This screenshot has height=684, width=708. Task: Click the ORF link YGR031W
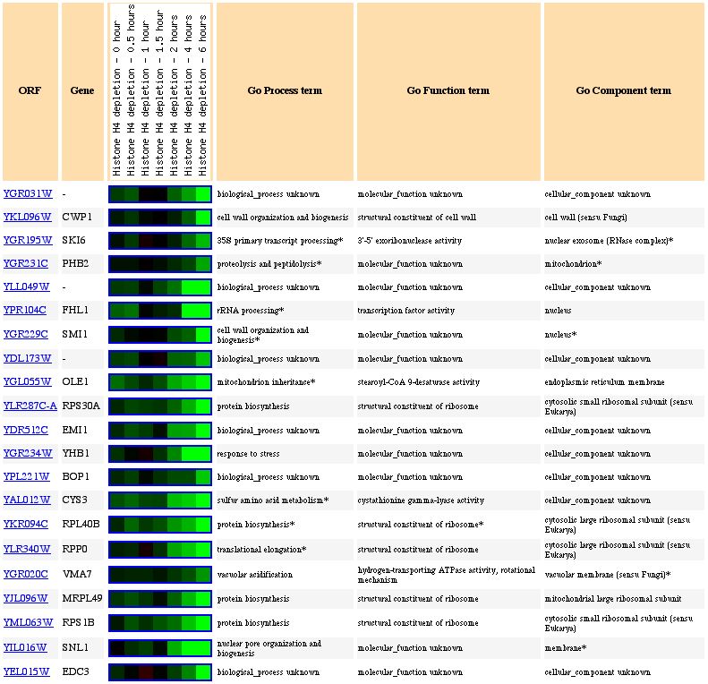pos(27,194)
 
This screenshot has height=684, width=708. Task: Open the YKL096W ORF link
pos(27,218)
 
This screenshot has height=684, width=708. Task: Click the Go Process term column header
pos(285,90)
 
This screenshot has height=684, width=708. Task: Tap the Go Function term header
pos(448,90)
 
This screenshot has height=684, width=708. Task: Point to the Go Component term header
pos(623,90)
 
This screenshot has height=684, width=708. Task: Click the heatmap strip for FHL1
pos(159,311)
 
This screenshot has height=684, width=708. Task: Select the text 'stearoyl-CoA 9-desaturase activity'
pos(417,382)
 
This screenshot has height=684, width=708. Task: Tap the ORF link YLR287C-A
pos(30,406)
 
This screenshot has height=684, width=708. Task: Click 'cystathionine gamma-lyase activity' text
pos(421,500)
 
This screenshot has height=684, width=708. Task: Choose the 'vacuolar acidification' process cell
pos(254,575)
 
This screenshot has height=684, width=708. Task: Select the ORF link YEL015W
pos(27,671)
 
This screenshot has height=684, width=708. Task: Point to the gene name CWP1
pos(77,218)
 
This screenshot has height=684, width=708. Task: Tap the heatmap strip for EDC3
pos(159,671)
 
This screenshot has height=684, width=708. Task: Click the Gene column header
pos(82,90)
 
